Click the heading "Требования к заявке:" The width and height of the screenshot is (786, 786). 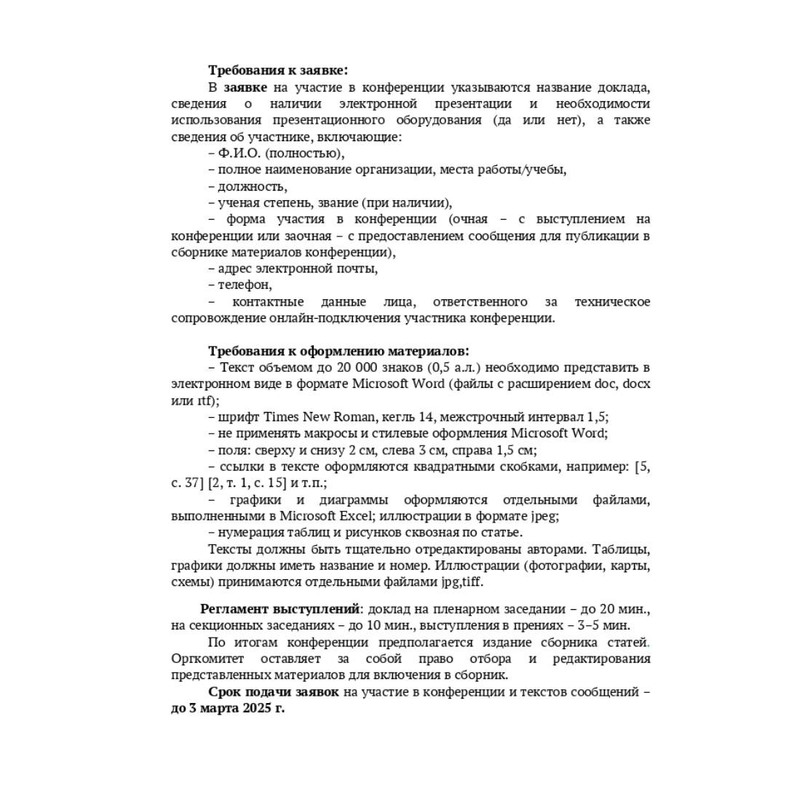(x=278, y=70)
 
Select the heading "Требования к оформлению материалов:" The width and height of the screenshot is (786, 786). (x=338, y=351)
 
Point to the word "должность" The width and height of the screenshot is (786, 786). (x=252, y=186)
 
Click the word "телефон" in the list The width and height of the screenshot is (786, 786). (x=245, y=285)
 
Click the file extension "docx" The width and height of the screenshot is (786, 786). (x=636, y=384)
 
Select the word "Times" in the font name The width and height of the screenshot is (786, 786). (x=280, y=417)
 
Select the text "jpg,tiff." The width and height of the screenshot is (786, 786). (x=461, y=582)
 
